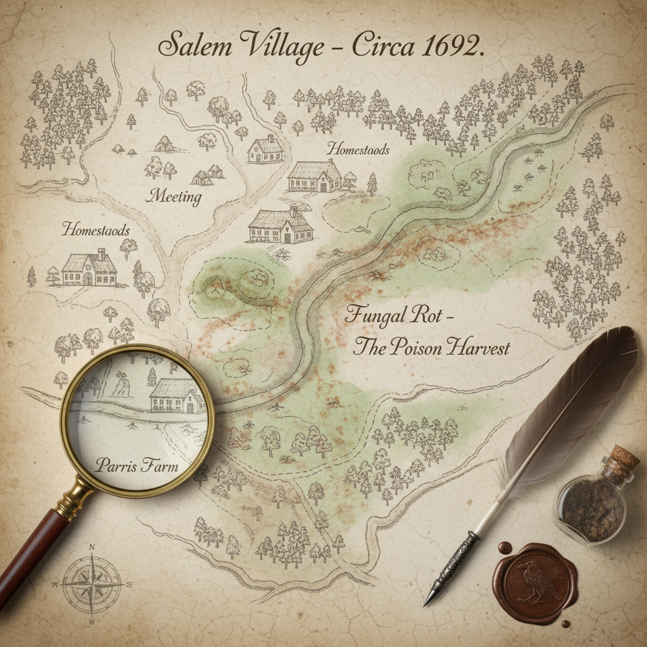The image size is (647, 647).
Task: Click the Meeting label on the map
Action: coord(174,197)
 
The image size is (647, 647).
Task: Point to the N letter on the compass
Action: coord(92,548)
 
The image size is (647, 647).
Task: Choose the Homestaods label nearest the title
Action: coord(358,149)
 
